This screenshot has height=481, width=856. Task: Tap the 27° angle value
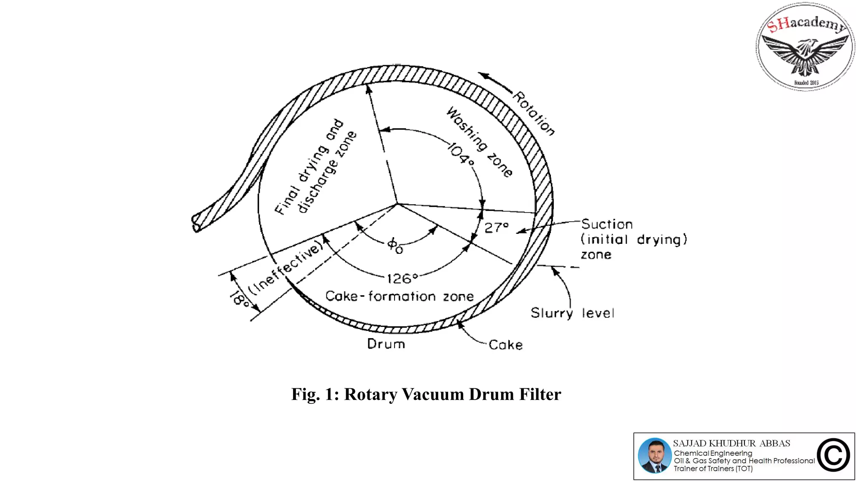point(497,228)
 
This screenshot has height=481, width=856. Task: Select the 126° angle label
point(402,278)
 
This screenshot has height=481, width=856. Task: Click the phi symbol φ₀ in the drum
point(395,246)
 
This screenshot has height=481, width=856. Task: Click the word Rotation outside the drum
point(534,114)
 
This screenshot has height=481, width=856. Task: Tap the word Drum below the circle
point(386,344)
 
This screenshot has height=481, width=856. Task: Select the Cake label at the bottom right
point(505,345)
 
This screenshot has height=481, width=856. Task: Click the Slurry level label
point(572,313)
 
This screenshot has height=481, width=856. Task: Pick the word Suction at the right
point(607,224)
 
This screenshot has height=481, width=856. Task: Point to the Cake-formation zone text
point(399,296)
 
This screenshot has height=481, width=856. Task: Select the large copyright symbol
point(833,456)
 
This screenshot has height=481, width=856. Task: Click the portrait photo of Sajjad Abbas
point(655,456)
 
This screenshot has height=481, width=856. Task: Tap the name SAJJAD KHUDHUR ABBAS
point(731,443)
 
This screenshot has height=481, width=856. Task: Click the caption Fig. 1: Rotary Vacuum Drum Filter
point(426,395)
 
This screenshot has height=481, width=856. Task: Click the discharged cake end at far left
point(196,223)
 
